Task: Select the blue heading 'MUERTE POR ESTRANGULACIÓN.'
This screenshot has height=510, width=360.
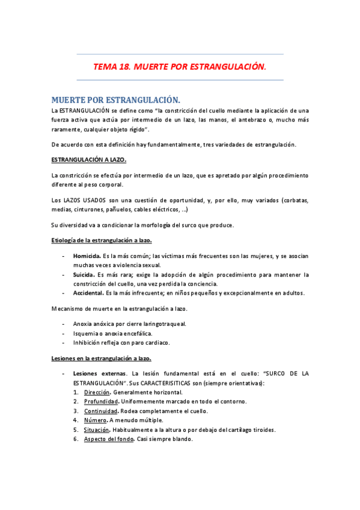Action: point(115,99)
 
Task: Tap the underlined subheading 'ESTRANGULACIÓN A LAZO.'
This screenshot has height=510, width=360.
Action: point(88,160)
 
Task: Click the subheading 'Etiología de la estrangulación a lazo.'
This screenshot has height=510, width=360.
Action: point(101,241)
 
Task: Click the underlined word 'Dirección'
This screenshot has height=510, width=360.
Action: point(96,392)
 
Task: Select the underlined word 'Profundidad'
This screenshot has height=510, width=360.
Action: point(100,402)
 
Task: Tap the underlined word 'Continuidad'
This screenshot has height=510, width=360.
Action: point(100,411)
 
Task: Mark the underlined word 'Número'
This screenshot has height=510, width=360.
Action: point(95,420)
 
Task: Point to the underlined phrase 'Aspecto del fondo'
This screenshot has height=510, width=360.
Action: point(109,439)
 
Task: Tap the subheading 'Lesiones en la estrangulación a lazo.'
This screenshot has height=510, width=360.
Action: point(100,358)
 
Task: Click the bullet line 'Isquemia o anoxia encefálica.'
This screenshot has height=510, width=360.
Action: point(112,333)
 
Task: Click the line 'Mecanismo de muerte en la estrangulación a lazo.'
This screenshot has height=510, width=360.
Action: point(119,309)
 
